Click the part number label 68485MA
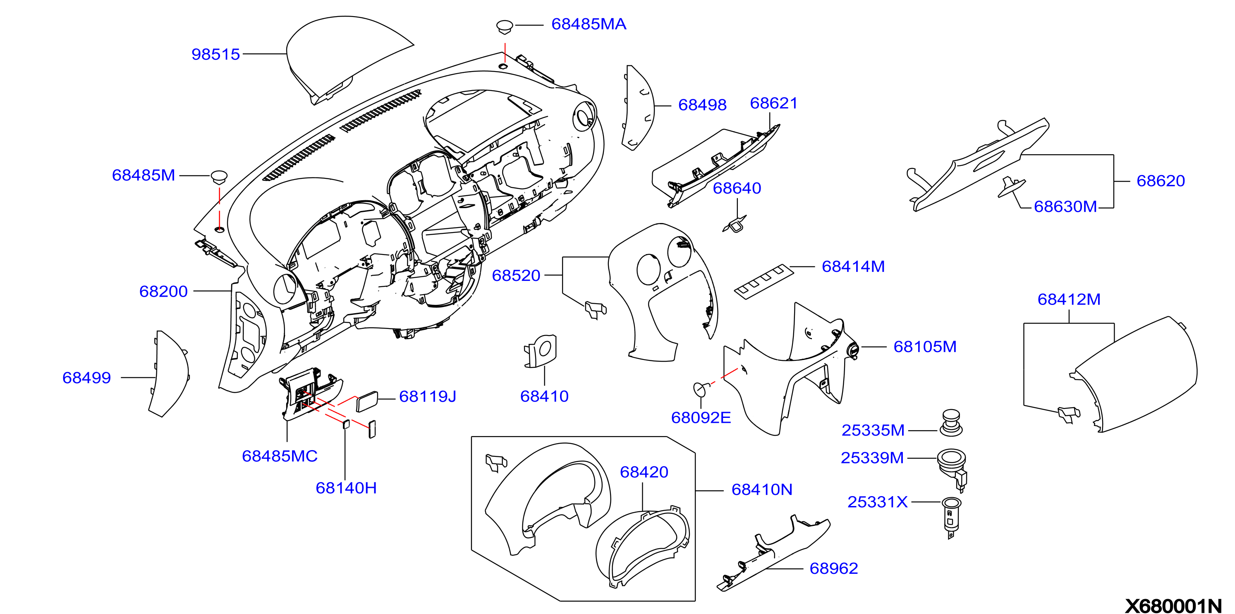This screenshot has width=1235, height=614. (588, 24)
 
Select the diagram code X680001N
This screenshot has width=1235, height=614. (1173, 605)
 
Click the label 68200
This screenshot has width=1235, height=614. (163, 291)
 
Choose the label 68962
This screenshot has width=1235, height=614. (833, 568)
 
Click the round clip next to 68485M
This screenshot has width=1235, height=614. (219, 177)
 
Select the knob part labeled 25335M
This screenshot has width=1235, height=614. (951, 422)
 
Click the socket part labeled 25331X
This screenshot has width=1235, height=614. (951, 517)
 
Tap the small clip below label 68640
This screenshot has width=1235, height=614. (735, 224)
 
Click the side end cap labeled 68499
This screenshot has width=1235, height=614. (169, 374)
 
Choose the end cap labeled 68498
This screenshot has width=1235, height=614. (638, 108)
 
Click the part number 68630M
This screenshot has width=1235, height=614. (1065, 206)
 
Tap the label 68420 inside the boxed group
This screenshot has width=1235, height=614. (644, 472)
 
